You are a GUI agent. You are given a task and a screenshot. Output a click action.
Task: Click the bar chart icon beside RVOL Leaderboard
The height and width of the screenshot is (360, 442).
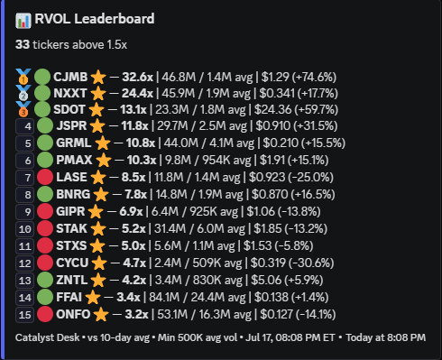23,21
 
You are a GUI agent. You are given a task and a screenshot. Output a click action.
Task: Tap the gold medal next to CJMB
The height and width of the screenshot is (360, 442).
23,77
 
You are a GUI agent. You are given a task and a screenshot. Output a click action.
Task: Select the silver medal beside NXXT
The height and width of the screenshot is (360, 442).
23,93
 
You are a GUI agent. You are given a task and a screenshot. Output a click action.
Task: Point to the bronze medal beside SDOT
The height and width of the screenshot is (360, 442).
23,109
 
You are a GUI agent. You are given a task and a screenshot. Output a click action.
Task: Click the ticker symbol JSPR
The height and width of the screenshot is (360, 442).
71,125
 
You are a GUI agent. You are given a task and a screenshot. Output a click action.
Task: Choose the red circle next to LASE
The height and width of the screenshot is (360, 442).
45,177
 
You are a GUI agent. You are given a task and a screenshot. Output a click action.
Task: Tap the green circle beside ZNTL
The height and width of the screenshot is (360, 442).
45,280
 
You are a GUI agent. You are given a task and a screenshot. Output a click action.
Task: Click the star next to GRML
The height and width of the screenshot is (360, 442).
103,143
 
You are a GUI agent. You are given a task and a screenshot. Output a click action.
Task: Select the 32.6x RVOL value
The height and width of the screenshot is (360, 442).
137,77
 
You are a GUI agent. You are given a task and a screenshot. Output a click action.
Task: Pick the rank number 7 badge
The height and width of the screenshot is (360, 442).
25,178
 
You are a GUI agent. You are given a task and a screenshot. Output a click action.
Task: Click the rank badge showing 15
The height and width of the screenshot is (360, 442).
25,315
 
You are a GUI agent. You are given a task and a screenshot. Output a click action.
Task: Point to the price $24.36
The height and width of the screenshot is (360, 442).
272,109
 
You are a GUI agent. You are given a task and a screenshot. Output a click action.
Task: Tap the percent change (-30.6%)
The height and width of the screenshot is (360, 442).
311,263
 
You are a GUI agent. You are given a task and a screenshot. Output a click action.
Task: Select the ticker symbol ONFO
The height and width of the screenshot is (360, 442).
73,315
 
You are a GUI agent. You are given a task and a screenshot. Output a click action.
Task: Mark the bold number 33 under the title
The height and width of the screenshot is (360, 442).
23,44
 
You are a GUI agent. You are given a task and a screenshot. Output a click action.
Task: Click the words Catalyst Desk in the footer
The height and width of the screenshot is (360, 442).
47,337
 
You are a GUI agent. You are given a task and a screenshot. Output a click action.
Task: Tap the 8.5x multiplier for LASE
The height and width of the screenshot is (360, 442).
134,177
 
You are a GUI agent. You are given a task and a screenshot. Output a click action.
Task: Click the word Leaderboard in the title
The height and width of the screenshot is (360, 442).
115,19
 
